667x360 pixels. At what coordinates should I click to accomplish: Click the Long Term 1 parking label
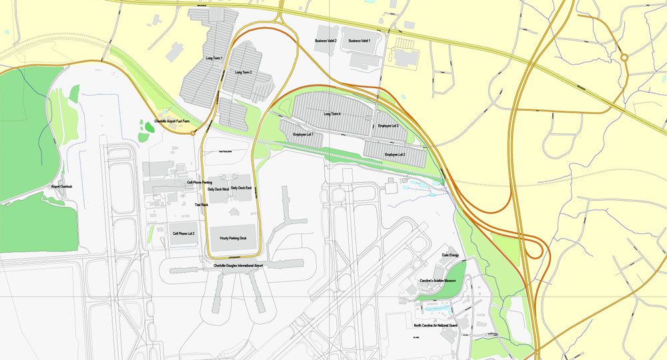click(214, 59)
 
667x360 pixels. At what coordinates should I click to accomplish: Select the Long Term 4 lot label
click(332, 114)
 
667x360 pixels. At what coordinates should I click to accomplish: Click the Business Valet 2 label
click(325, 41)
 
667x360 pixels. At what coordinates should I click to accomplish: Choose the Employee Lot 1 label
click(303, 135)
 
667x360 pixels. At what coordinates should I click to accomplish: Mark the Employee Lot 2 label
click(395, 155)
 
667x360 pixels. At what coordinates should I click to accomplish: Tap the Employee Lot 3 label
click(388, 126)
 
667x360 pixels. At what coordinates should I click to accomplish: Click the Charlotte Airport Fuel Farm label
click(172, 121)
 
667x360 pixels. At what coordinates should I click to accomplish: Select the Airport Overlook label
click(61, 187)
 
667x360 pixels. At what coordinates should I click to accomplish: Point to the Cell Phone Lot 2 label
click(183, 234)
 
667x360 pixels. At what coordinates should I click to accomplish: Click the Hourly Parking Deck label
click(233, 238)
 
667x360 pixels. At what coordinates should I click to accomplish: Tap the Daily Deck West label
click(218, 189)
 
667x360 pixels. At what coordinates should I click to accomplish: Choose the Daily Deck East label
click(241, 189)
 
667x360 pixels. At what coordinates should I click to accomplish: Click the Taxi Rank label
click(201, 205)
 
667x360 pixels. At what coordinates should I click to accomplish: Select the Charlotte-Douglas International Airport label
click(238, 266)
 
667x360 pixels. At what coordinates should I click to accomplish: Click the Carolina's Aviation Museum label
click(438, 281)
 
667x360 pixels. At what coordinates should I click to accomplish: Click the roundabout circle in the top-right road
click(625, 58)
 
